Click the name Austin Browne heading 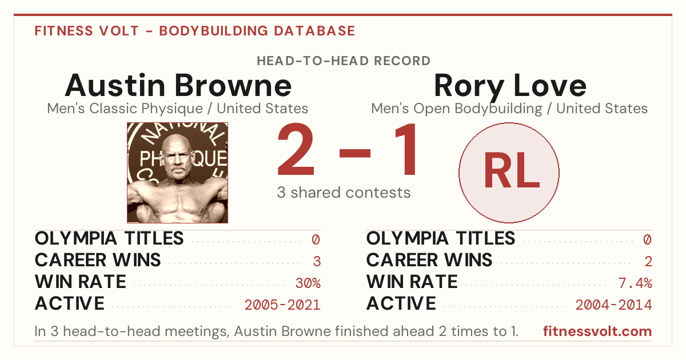(x=178, y=85)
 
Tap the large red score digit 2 (x=296, y=149)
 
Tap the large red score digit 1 (x=406, y=149)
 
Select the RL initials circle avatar (x=509, y=173)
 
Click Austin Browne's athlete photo (x=178, y=173)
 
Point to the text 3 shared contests (x=344, y=193)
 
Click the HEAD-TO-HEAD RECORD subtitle (x=344, y=61)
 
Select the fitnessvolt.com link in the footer (x=597, y=331)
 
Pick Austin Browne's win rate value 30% (x=308, y=283)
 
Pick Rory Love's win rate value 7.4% (x=635, y=283)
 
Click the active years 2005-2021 (x=282, y=305)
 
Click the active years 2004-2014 (x=614, y=305)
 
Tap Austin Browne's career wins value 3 (x=317, y=262)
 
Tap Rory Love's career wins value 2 (x=648, y=262)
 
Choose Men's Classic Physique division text (x=125, y=109)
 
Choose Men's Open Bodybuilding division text (x=457, y=109)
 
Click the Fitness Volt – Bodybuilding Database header (x=195, y=31)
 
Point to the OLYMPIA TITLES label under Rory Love (x=441, y=238)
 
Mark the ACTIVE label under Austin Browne (x=70, y=303)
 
